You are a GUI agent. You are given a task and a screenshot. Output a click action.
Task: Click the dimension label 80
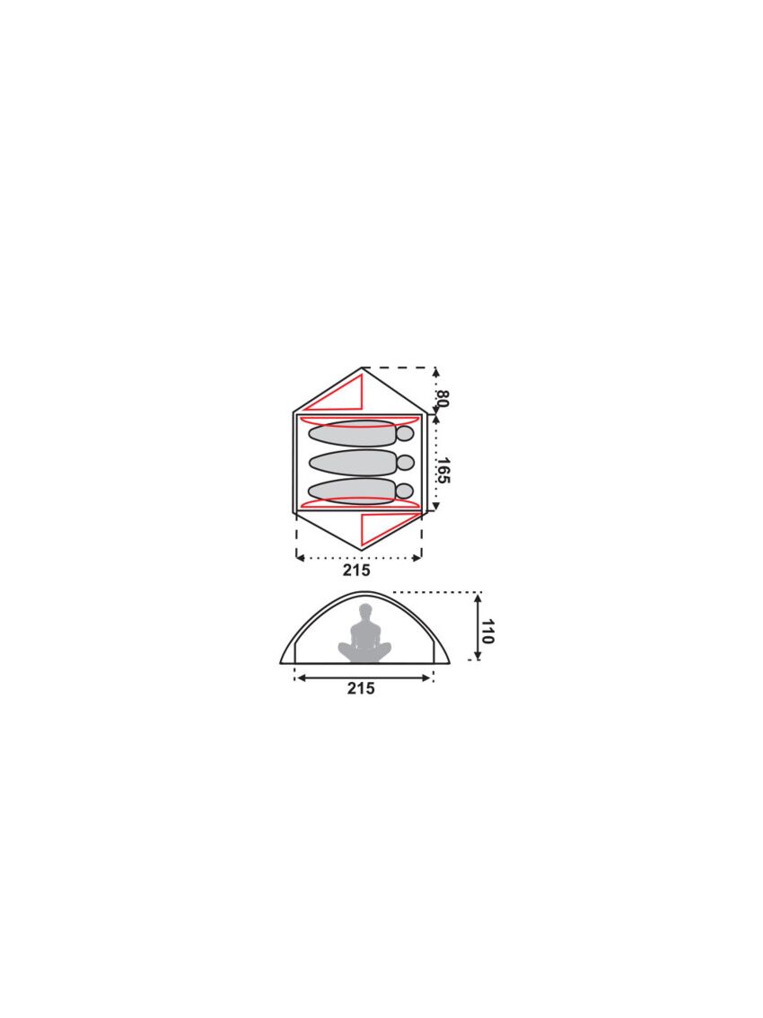pos(443,398)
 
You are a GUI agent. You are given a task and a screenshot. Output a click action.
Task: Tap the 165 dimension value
pos(443,471)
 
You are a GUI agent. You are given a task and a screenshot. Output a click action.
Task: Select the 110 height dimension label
pos(488,631)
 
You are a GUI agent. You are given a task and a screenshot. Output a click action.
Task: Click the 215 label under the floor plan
pos(357,570)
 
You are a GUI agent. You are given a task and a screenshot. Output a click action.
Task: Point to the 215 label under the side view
pos(361,688)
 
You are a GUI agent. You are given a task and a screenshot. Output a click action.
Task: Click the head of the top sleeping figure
pos(406,434)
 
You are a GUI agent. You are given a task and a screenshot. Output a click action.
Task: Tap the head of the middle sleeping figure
pos(406,462)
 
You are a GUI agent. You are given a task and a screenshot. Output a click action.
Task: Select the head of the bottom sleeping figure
pos(406,491)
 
